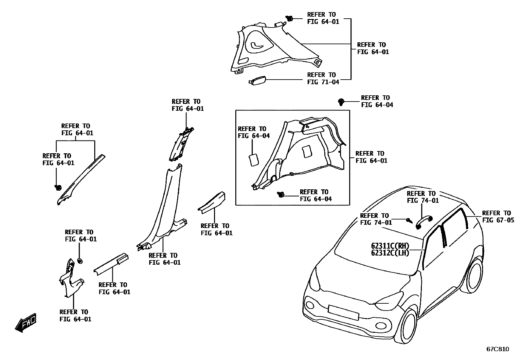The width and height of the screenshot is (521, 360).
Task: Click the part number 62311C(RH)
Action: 390,246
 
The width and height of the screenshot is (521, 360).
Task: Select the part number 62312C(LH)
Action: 390,253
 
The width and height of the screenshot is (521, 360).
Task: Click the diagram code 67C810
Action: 498,349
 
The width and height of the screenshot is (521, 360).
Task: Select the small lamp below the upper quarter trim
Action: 258,81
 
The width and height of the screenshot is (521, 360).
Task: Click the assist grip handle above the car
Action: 424,223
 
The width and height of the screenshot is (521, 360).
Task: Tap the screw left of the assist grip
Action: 409,220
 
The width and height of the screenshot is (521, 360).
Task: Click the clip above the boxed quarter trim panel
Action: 341,102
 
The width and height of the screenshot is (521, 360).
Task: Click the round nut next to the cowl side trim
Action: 79,261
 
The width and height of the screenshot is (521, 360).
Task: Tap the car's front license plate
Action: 343,312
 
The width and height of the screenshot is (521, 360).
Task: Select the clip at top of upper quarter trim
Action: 289,18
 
